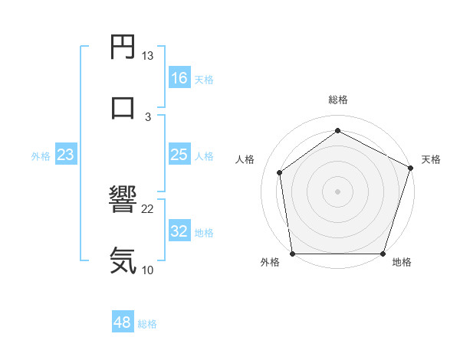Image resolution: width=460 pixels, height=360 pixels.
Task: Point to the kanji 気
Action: point(123,260)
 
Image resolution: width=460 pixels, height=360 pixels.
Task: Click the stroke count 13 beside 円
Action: point(148,56)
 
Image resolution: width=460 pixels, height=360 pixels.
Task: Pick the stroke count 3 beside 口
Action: point(148,116)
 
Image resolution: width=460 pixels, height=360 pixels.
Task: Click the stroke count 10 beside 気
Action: point(148,269)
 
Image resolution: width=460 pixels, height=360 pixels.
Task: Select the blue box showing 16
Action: point(179,78)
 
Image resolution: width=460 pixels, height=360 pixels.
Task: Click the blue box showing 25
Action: point(179,155)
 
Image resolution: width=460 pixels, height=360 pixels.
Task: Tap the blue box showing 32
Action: point(179,231)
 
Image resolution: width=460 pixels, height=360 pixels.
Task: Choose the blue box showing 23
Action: point(66,155)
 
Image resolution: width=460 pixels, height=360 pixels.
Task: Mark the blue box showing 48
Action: point(123,322)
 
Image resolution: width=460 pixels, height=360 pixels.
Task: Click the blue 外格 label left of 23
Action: point(41,156)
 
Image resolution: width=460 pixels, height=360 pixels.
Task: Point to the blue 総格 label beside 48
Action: point(147,324)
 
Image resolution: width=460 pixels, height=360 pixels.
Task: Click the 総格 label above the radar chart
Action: point(338,100)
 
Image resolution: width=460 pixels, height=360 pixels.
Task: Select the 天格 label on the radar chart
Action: point(431,159)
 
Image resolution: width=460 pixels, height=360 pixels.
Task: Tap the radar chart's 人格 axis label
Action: point(245,159)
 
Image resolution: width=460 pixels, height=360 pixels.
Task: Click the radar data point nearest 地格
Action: point(383,254)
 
